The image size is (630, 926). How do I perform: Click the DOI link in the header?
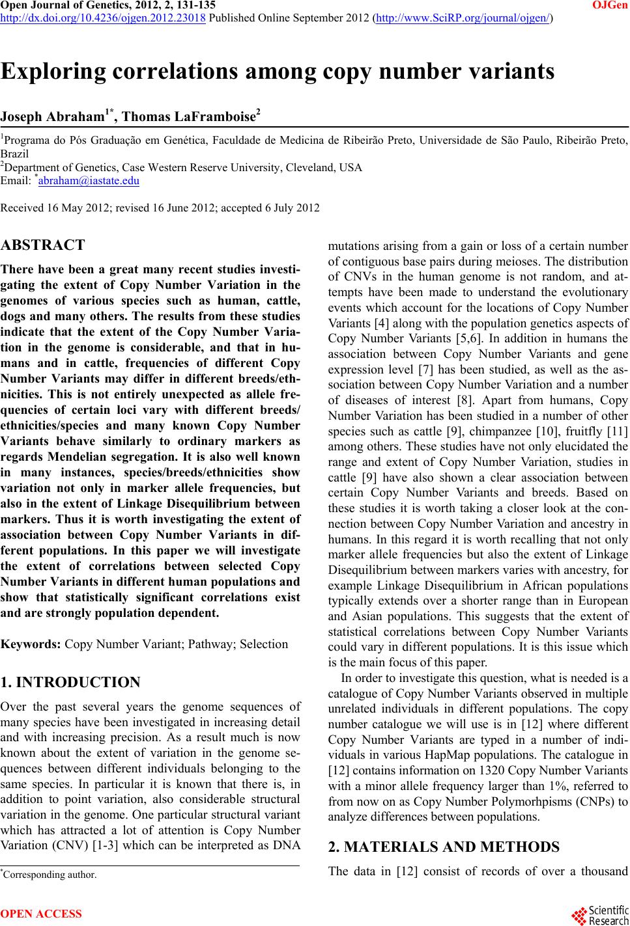tap(104, 18)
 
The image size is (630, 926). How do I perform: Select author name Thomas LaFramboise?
tap(190, 117)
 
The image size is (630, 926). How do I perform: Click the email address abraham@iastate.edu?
tap(89, 181)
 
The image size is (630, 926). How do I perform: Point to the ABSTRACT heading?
tap(43, 245)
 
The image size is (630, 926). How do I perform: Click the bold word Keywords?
tap(31, 644)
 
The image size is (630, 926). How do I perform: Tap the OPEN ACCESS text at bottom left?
tap(42, 914)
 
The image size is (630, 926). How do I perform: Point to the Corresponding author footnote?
tap(50, 874)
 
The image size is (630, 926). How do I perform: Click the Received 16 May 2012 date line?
tap(160, 208)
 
